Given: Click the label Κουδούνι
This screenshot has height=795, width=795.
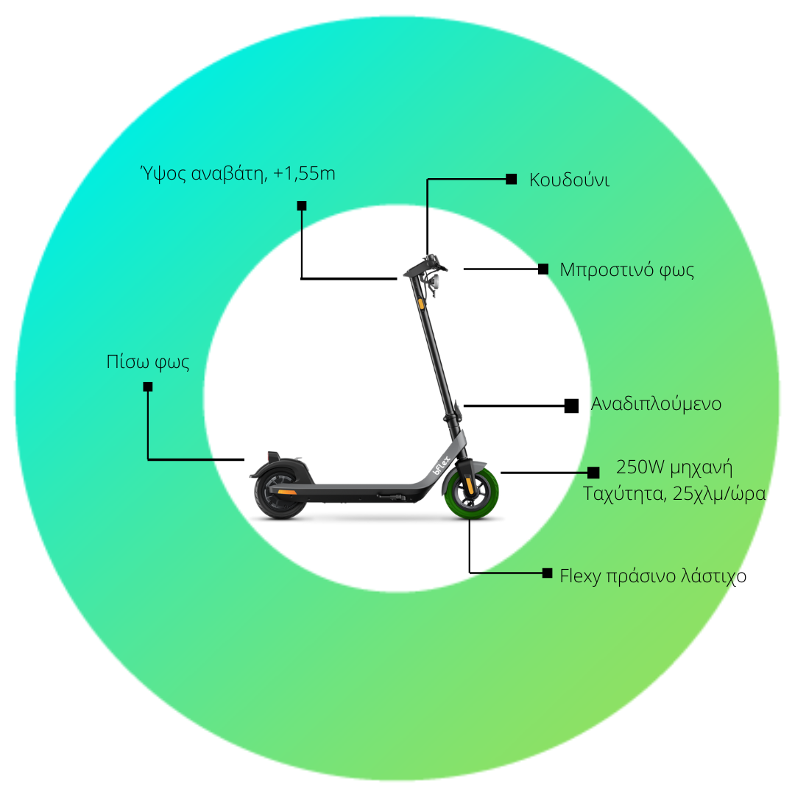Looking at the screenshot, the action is (x=569, y=180).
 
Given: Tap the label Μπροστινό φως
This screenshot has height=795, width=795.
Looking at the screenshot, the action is (x=626, y=269).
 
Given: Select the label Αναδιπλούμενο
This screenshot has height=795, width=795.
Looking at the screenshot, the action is (x=656, y=404).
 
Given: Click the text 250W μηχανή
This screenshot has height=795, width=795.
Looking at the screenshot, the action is (x=674, y=467).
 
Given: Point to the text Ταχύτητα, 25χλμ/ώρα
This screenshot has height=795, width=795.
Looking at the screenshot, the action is (x=674, y=493).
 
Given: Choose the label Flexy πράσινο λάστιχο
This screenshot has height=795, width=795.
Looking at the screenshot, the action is (x=653, y=576).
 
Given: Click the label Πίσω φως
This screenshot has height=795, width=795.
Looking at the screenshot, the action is (x=147, y=362).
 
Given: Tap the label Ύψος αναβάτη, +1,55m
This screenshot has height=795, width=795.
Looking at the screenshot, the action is (x=238, y=173).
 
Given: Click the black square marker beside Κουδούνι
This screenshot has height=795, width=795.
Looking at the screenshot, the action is (x=511, y=179).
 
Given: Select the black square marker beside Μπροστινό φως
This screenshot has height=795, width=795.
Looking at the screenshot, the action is (x=543, y=269).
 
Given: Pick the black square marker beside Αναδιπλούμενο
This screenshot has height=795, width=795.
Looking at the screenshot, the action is (x=571, y=406).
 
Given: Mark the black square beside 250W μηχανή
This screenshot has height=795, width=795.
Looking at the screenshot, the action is (x=593, y=473).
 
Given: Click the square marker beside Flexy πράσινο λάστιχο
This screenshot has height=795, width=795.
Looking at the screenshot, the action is (x=547, y=573).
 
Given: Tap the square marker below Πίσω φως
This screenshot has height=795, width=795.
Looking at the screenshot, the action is (x=147, y=387).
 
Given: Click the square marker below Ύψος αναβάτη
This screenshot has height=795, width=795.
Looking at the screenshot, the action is (x=302, y=206).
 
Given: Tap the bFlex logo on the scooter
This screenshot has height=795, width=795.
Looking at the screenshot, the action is (x=441, y=465).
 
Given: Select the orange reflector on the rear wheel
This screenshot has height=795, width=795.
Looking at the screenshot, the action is (x=287, y=492).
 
